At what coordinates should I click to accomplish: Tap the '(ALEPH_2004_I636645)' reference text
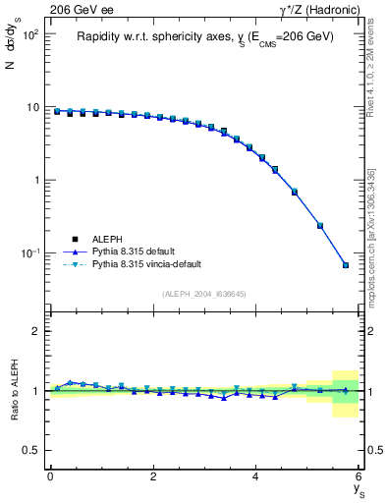click(204, 294)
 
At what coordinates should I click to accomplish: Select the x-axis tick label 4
click(256, 476)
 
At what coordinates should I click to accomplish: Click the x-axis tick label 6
click(358, 476)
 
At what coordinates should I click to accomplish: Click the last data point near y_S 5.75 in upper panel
click(346, 265)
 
